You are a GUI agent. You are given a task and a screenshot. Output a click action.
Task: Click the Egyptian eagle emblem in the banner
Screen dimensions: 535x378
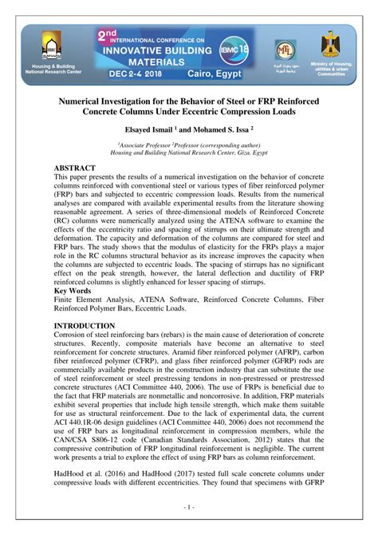tap(329, 43)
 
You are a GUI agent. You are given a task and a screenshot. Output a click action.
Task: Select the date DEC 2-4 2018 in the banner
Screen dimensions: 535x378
tap(140, 69)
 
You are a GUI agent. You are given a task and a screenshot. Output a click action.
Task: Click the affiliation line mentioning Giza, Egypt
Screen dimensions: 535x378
tap(189, 152)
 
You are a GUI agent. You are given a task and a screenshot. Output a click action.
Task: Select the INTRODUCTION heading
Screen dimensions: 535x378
tap(85, 304)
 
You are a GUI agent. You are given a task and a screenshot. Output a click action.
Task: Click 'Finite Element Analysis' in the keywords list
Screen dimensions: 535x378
tap(93, 278)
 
